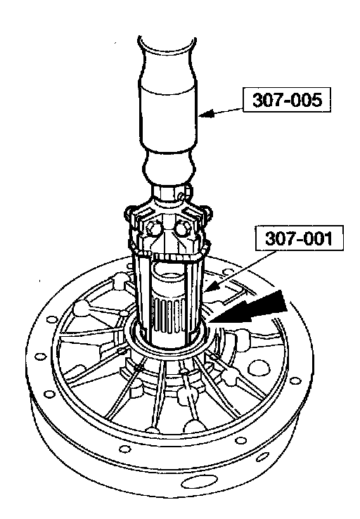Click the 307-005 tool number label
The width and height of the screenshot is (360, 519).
pyautogui.click(x=287, y=100)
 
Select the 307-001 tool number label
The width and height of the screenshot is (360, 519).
pyautogui.click(x=299, y=238)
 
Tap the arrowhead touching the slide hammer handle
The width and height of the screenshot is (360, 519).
pyautogui.click(x=206, y=114)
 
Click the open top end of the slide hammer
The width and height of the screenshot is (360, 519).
pyautogui.click(x=167, y=45)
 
